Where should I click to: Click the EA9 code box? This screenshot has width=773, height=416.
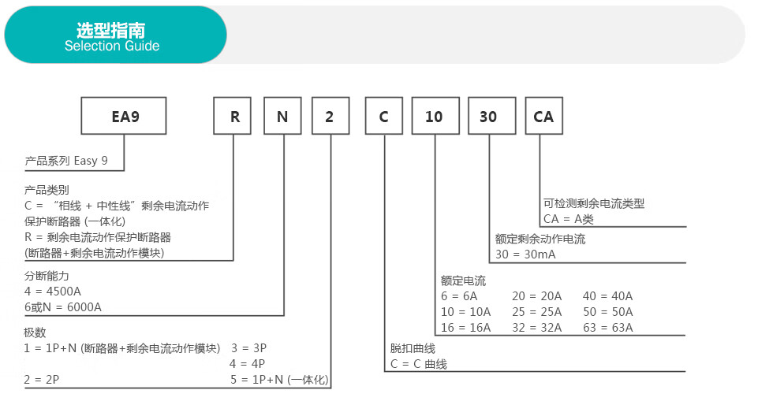124,116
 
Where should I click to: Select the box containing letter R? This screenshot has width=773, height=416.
232,116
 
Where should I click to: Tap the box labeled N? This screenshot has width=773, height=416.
282,116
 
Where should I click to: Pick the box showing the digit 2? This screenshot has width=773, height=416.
330,116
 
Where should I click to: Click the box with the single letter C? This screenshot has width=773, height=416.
384,116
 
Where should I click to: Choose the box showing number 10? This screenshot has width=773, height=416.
435,116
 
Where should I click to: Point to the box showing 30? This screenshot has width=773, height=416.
492,116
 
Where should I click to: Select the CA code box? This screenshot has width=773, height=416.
544,116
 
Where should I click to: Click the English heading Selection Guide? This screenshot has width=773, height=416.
112,46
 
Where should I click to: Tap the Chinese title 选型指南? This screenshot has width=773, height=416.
111,30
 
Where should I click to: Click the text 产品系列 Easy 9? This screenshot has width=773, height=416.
66,161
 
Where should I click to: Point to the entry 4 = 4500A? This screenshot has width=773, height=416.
53,292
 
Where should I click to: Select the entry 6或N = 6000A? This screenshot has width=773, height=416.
63,307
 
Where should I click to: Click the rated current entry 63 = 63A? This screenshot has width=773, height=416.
608,328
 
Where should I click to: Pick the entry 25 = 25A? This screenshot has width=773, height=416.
537,312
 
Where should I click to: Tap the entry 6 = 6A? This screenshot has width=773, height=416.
459,296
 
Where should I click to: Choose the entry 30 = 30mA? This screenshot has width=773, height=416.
525,254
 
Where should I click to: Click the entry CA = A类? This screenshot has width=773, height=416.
569,219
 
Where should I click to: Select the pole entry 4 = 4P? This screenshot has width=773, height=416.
248,364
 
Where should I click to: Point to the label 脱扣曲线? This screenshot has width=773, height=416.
413,348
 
